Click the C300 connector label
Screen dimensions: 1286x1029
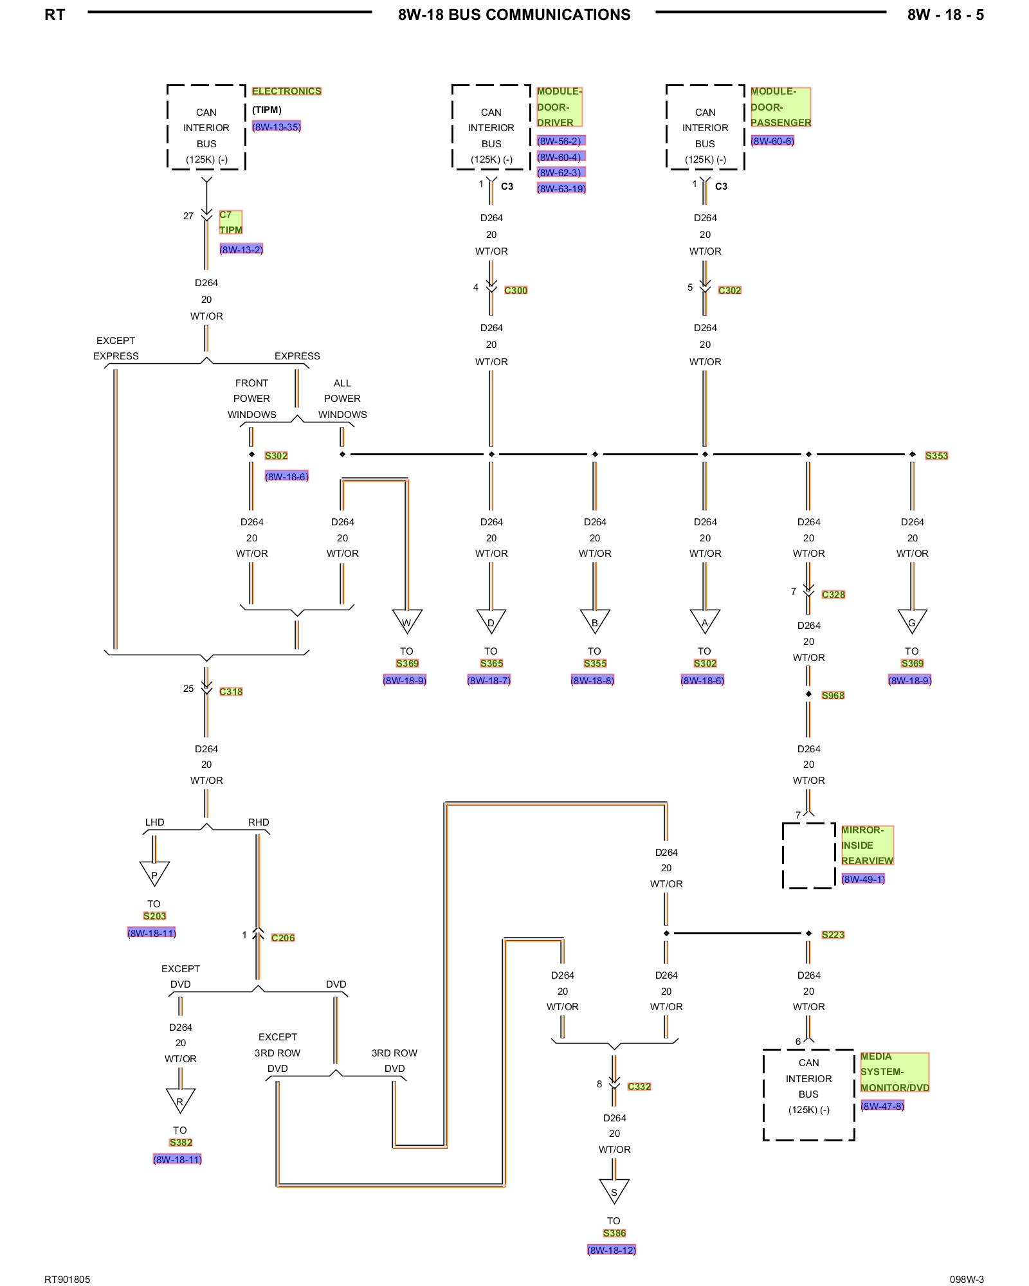click(x=515, y=291)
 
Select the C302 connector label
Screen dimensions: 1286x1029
click(x=729, y=291)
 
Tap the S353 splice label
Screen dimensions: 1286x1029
click(x=936, y=456)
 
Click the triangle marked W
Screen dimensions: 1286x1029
click(x=407, y=621)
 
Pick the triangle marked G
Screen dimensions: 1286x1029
click(x=912, y=621)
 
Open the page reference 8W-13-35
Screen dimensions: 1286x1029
click(x=277, y=127)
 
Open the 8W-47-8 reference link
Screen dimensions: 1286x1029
click(x=882, y=1106)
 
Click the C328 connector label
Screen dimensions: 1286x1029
click(x=833, y=595)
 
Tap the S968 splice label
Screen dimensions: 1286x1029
click(x=833, y=696)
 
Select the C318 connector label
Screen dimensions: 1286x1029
click(x=231, y=692)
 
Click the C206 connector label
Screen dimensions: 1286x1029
click(x=282, y=938)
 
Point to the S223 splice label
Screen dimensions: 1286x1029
click(x=833, y=935)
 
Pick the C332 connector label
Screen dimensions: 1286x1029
click(x=639, y=1087)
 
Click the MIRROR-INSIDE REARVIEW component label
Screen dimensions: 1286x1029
click(x=867, y=846)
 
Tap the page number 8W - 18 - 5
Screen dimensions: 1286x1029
click(x=945, y=15)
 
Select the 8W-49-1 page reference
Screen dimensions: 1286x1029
click(x=863, y=879)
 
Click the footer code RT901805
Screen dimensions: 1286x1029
click(x=67, y=1279)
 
